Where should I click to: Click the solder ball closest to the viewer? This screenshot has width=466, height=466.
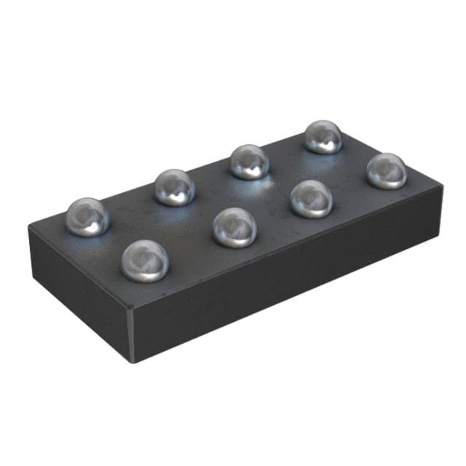(145, 261)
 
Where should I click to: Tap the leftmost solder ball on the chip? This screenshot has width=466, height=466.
(87, 217)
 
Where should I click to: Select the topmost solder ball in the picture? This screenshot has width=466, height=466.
(323, 136)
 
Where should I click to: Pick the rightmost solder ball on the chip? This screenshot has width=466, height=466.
(386, 170)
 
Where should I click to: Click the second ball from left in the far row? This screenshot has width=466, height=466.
(175, 187)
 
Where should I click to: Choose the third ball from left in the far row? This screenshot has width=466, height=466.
(250, 162)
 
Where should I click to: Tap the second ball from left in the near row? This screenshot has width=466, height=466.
(234, 227)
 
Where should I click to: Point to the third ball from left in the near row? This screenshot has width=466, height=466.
(312, 199)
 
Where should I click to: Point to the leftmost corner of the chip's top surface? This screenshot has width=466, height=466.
(30, 226)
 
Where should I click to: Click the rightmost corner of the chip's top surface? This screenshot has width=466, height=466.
(441, 183)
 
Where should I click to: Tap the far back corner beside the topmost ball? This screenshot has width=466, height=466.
(329, 125)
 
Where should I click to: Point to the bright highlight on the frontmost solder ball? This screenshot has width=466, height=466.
(141, 253)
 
